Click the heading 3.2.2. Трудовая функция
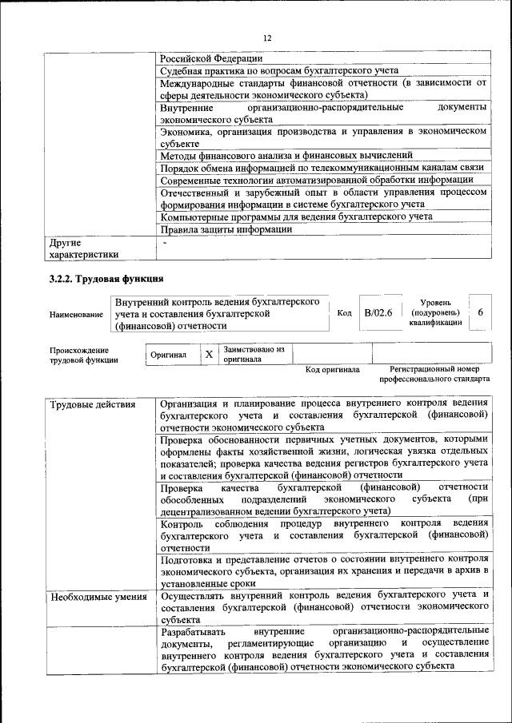(x=106, y=280)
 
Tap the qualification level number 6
(x=480, y=313)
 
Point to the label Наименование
(x=76, y=315)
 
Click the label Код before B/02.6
(x=344, y=314)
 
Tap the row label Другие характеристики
(x=84, y=248)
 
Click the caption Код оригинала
(x=332, y=370)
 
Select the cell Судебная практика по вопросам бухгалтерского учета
(x=278, y=70)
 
